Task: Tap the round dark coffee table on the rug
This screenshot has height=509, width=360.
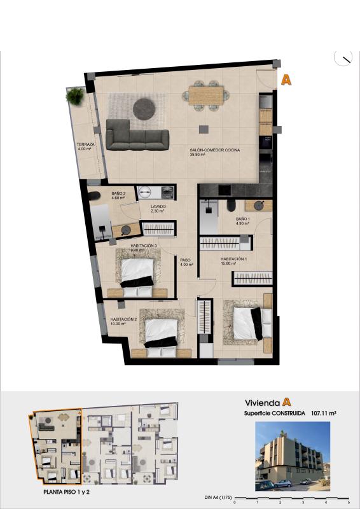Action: [144, 109]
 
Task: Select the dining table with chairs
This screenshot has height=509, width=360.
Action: [206, 95]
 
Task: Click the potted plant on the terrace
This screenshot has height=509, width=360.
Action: [75, 97]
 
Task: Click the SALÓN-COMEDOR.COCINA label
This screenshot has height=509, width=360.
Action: [214, 151]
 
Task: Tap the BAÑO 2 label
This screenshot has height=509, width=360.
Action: [118, 195]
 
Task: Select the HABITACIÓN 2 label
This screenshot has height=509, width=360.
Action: [124, 321]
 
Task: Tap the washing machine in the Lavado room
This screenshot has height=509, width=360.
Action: [167, 192]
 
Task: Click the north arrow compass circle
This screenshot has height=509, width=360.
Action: [343, 58]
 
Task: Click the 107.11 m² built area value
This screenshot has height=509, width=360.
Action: [323, 413]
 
